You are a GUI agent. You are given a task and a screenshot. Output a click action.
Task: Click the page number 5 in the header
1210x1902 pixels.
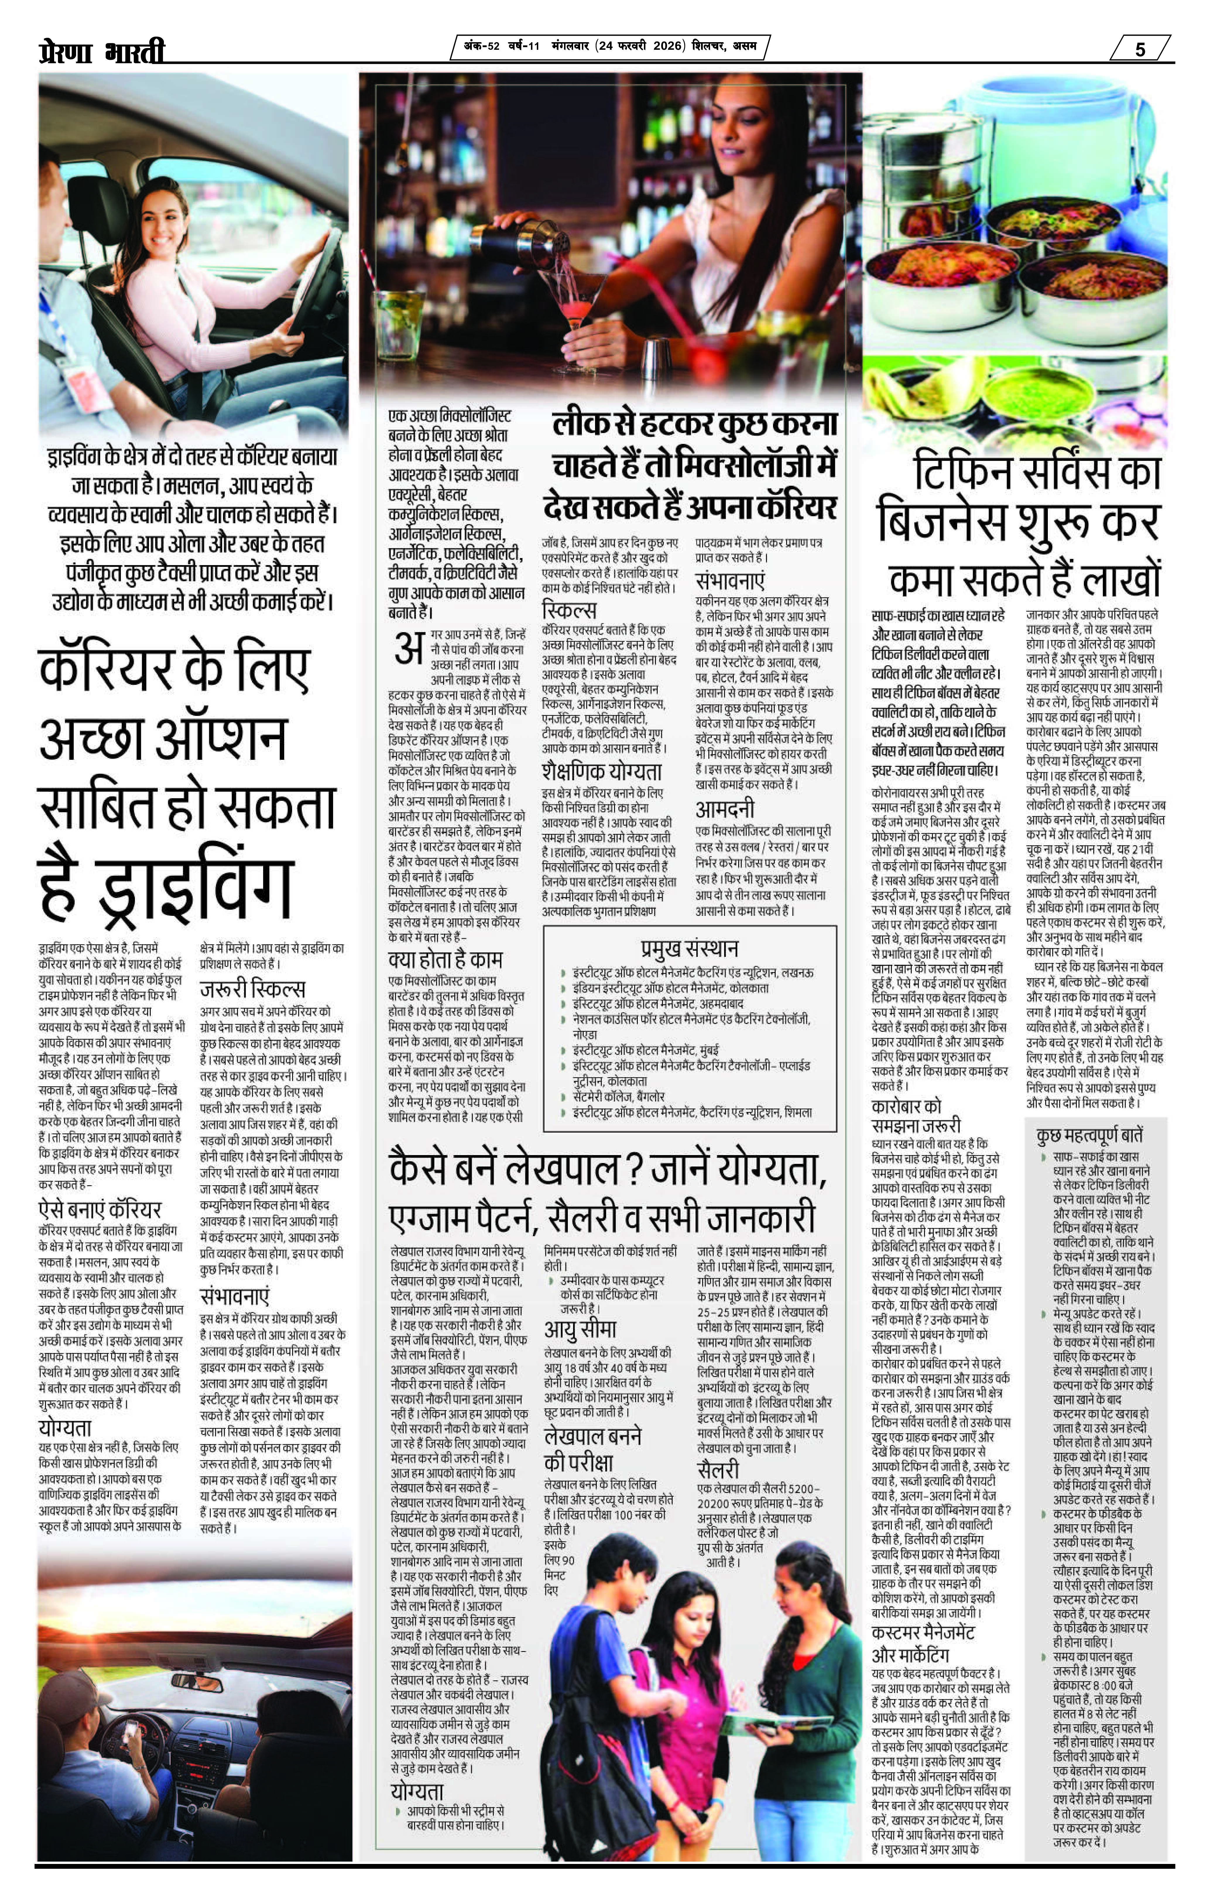1140,49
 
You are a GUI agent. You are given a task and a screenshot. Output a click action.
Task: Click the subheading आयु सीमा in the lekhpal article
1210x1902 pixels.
580,1329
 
